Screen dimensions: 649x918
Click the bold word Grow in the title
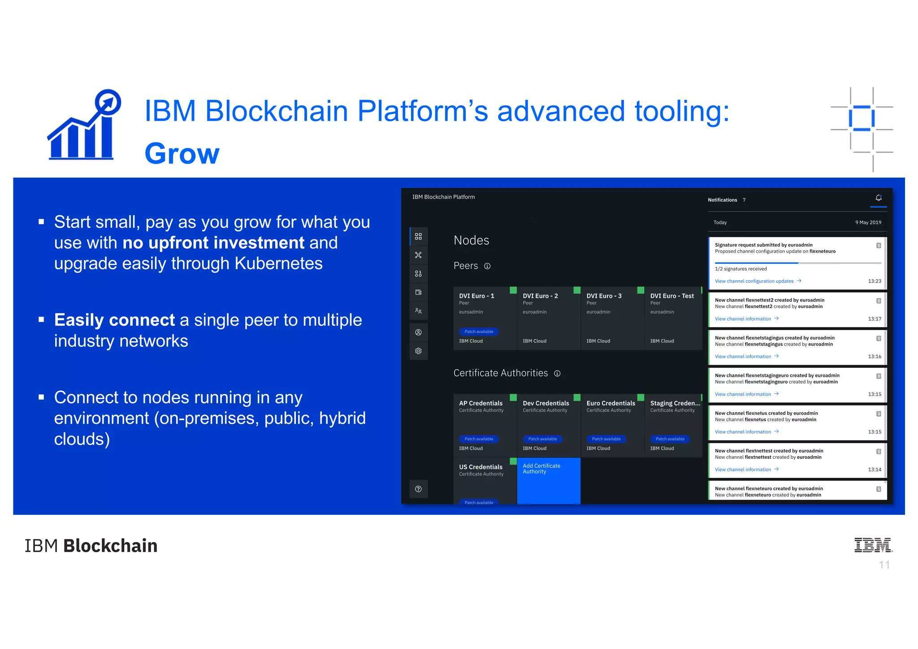coord(182,154)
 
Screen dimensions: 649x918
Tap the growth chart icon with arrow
coord(84,125)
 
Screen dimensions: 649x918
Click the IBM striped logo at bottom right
coord(873,545)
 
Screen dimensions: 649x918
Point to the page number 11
coord(884,565)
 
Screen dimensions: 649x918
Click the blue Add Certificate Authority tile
coord(548,480)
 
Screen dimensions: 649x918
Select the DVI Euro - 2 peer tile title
coord(540,296)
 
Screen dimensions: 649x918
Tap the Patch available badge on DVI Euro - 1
coord(479,332)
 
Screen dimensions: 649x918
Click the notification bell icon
coord(878,198)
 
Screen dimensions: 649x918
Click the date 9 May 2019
coord(868,222)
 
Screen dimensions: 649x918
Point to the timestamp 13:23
coord(874,281)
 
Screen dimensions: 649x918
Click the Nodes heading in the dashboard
coord(471,240)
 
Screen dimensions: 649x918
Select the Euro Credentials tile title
coord(611,403)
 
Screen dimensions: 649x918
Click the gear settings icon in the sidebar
coord(418,351)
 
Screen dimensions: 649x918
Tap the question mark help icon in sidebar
coord(418,489)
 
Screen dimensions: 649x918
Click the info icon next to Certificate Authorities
coord(557,374)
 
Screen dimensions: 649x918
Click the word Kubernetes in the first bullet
coord(278,264)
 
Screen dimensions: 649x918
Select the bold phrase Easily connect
coord(114,320)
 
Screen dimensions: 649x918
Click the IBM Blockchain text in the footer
coord(91,546)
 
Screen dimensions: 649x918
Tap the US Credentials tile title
coord(481,467)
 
